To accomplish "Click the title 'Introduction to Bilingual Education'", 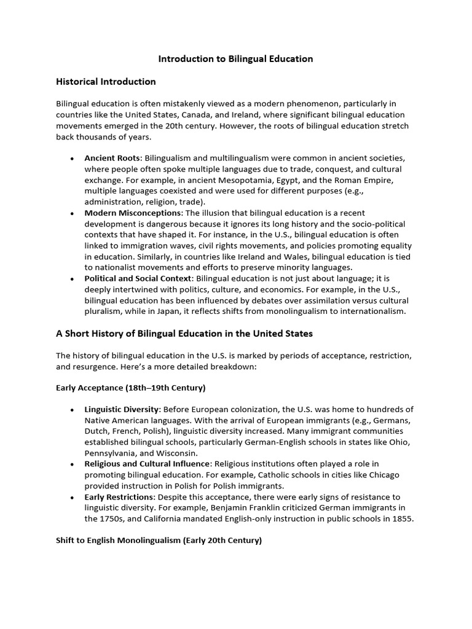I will click(x=236, y=59).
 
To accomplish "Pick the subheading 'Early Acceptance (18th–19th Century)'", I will click(x=130, y=388).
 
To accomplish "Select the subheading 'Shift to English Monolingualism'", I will click(x=159, y=541).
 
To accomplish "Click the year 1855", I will click(x=401, y=519).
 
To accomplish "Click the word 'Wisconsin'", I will click(x=172, y=453).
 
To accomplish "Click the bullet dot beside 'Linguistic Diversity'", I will click(x=73, y=409).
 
